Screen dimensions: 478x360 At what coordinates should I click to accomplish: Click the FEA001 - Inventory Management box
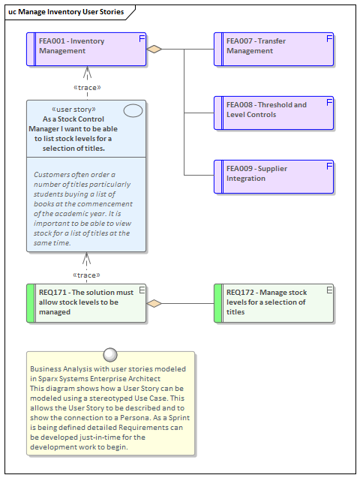coord(86,50)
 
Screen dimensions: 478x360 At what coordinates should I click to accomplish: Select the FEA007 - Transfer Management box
coord(274,50)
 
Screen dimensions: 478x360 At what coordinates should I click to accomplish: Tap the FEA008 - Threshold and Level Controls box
coord(274,113)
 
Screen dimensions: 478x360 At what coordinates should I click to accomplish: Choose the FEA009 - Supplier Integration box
coord(274,177)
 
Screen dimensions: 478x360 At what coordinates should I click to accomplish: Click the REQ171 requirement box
coord(86,302)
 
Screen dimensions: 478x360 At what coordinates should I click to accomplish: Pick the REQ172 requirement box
coord(274,302)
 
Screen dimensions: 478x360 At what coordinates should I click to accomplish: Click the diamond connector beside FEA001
coord(154,50)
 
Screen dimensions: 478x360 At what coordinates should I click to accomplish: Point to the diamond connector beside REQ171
coord(154,303)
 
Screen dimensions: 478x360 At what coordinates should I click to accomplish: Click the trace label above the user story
coord(88,88)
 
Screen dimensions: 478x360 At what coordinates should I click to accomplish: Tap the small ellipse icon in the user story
coord(133,111)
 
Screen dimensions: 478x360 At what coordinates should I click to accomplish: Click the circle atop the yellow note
coord(110,355)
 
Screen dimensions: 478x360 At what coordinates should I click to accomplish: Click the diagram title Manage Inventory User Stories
coord(66,12)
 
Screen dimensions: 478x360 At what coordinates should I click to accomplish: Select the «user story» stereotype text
coord(73,110)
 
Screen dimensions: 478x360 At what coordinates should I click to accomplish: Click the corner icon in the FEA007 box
coord(328,38)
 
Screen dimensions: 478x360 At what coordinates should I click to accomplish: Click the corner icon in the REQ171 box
coord(141,290)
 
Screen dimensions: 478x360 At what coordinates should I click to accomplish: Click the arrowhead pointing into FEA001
coord(87,72)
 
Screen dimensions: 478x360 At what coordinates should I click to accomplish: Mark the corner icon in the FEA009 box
coord(328,165)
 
